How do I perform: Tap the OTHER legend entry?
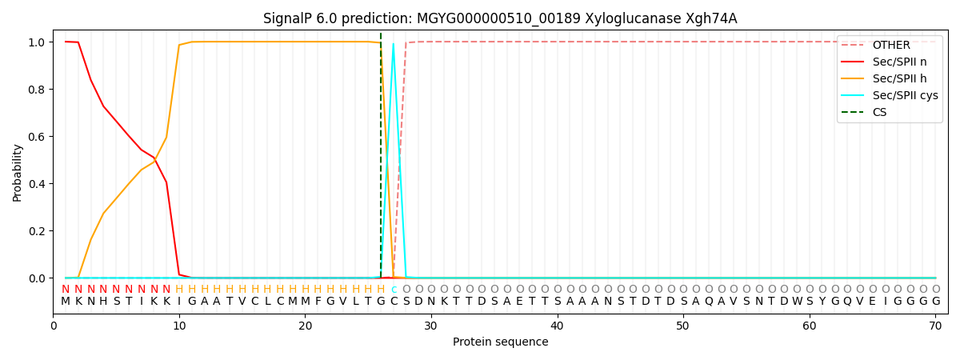[x=891, y=45]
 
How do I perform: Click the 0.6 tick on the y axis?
[x=37, y=137]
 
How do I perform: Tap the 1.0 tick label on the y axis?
[x=37, y=42]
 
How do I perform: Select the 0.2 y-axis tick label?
[x=37, y=231]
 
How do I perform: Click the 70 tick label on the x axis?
[x=935, y=326]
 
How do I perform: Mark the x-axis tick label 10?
[x=179, y=326]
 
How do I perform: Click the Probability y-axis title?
[x=17, y=173]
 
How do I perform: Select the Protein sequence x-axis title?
[x=501, y=342]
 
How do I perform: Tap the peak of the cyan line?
[x=394, y=43]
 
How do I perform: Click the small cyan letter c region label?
[x=394, y=290]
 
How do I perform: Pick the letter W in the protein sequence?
[x=797, y=302]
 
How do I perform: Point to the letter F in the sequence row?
[x=318, y=302]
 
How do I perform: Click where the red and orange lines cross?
[x=154, y=159]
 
